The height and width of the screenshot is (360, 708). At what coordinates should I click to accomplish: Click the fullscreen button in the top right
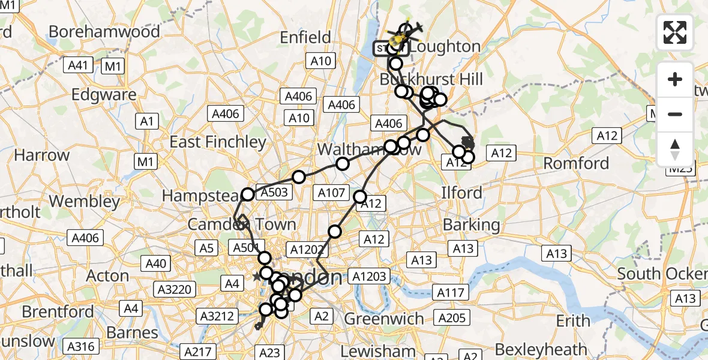(x=675, y=32)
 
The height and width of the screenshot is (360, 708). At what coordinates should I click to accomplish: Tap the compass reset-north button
(x=675, y=149)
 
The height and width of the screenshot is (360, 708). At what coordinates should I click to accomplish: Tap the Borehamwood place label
(x=104, y=31)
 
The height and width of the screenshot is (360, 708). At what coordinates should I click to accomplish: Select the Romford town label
(x=576, y=163)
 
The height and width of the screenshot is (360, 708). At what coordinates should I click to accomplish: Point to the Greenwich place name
(x=384, y=318)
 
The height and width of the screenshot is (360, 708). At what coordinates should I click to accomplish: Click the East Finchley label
(x=218, y=142)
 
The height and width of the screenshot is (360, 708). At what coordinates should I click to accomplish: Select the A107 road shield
(x=331, y=193)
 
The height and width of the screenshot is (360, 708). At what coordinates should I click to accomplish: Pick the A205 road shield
(x=451, y=318)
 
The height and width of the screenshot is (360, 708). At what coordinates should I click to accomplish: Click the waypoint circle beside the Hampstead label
(x=248, y=194)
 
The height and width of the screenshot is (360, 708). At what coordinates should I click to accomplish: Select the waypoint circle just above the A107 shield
(x=342, y=164)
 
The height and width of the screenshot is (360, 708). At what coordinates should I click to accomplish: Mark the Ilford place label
(x=462, y=193)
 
